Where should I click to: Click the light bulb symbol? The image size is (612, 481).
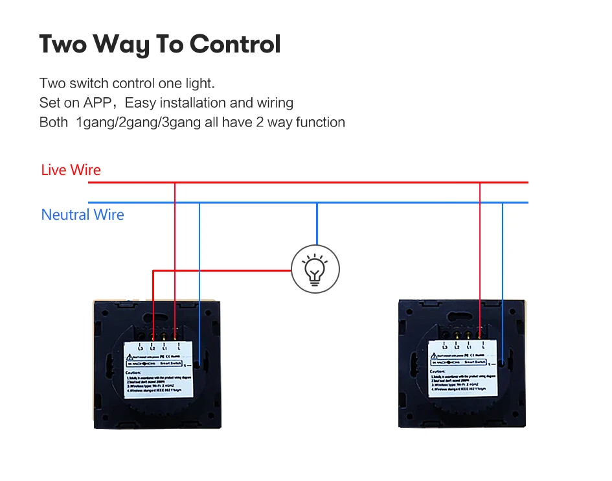[315, 268]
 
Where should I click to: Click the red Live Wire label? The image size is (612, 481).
[71, 170]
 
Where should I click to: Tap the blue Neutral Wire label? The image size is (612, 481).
[82, 215]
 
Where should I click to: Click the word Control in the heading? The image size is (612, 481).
[235, 44]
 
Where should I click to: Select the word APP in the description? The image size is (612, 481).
[97, 102]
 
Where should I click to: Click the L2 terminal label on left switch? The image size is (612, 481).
[152, 349]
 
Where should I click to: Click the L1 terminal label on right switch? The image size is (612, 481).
[468, 347]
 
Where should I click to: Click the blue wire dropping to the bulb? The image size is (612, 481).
[316, 224]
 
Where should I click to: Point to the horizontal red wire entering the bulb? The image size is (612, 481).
[220, 270]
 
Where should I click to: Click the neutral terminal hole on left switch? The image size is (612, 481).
[204, 356]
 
